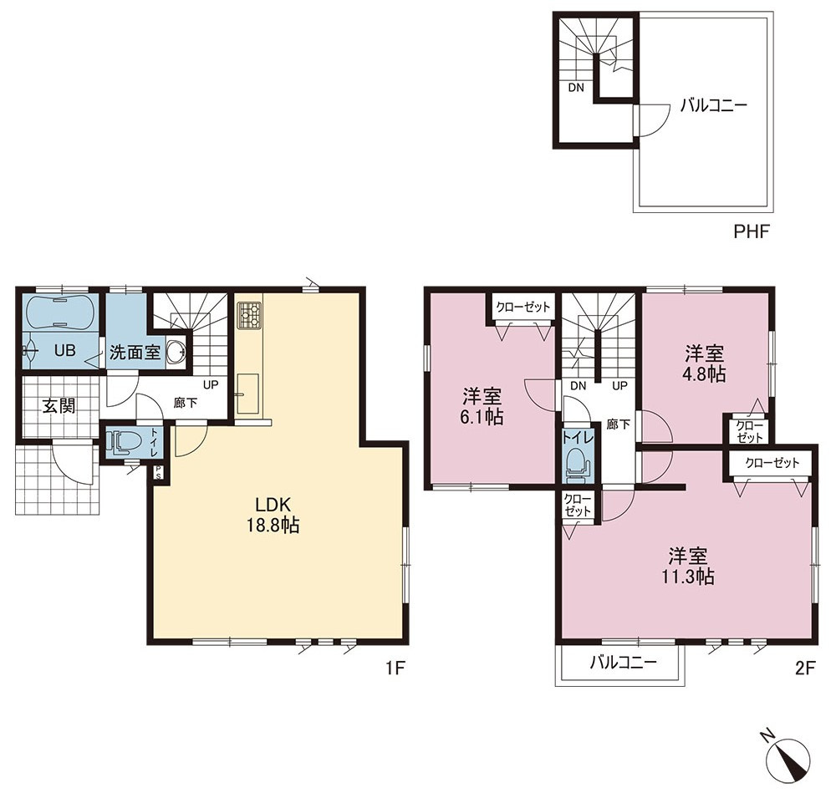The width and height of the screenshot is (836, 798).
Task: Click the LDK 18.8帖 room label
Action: [273, 515]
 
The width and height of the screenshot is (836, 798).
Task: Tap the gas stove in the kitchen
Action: [249, 315]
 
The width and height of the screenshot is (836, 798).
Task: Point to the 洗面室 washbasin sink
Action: [176, 351]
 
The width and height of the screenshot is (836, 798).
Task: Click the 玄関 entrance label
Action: [59, 406]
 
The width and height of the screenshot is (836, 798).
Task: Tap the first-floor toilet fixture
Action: [125, 441]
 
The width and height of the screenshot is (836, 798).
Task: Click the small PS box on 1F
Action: [159, 472]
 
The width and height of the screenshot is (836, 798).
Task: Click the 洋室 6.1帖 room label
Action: [482, 406]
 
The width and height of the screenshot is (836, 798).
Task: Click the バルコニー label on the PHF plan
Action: [713, 105]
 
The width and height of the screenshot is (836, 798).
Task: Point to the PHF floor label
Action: [752, 231]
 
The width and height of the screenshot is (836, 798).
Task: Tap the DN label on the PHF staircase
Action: [576, 88]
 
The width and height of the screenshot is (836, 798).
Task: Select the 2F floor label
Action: [806, 668]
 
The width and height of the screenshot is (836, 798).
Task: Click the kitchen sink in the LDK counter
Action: [247, 394]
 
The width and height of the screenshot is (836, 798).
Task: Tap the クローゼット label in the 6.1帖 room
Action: [523, 307]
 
